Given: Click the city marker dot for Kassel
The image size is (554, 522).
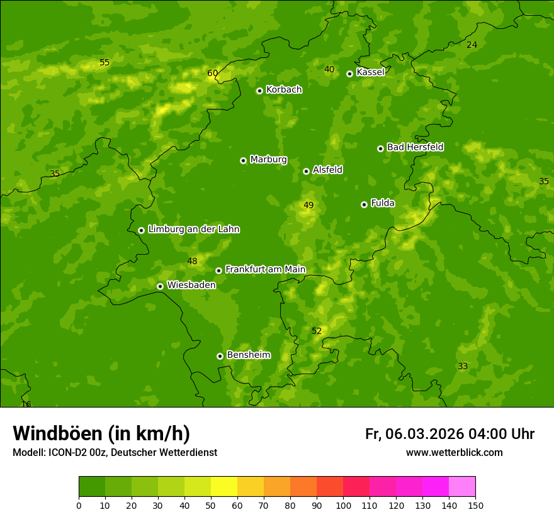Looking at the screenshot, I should pyautogui.click(x=349, y=74).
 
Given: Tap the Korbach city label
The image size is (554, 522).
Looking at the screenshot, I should pyautogui.click(x=284, y=90).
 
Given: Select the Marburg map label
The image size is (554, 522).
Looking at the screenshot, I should pyautogui.click(x=268, y=160).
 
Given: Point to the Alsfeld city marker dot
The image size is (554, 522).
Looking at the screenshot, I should pyautogui.click(x=306, y=171).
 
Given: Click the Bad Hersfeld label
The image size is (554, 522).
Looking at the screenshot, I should pyautogui.click(x=415, y=147).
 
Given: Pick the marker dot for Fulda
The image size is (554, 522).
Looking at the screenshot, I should pyautogui.click(x=364, y=204).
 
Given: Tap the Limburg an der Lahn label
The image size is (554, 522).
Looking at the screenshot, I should pyautogui.click(x=193, y=230).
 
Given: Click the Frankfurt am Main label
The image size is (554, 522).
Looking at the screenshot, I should pyautogui.click(x=265, y=270).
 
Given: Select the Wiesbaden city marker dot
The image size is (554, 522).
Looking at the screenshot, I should pyautogui.click(x=160, y=286).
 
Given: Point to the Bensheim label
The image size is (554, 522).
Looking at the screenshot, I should pyautogui.click(x=248, y=355).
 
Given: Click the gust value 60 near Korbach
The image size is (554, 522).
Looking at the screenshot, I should pyautogui.click(x=213, y=73).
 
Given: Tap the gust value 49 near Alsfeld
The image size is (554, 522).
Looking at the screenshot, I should pyautogui.click(x=308, y=205).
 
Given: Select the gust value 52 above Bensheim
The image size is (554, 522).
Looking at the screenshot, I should pyautogui.click(x=317, y=331).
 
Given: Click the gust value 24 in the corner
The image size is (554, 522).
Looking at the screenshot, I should pyautogui.click(x=472, y=45).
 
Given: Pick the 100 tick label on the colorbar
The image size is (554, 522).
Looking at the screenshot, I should pyautogui.click(x=343, y=505).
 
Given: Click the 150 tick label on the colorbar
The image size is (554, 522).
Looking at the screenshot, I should pyautogui.click(x=475, y=505).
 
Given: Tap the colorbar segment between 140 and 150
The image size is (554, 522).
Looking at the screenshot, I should pyautogui.click(x=462, y=487).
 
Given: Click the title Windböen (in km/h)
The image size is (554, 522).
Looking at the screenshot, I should pyautogui.click(x=101, y=433).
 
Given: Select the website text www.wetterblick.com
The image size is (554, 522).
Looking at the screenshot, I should pyautogui.click(x=454, y=453).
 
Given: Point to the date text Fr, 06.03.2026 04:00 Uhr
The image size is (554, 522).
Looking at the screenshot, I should pyautogui.click(x=449, y=434).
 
